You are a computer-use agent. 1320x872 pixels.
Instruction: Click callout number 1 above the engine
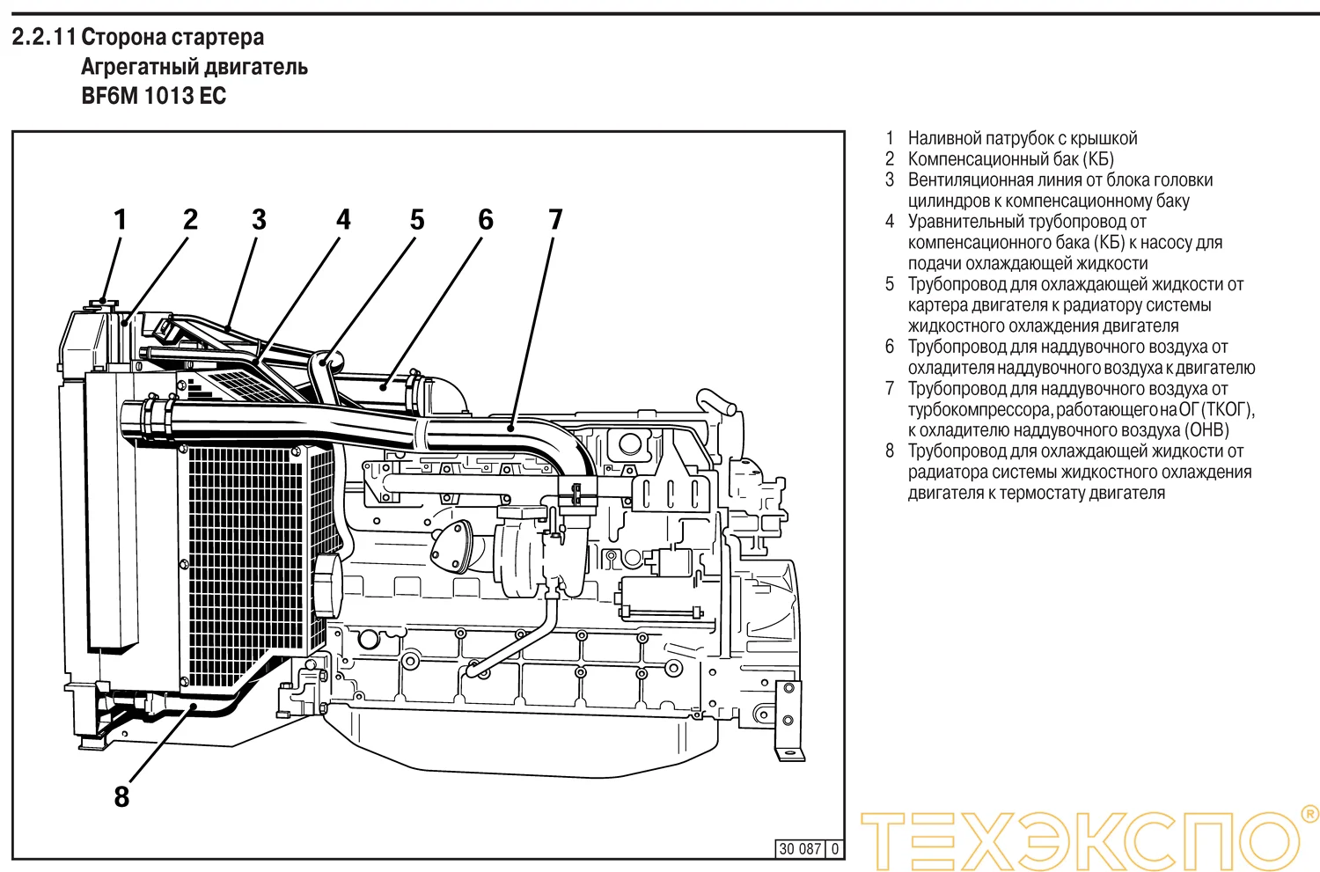click(x=121, y=219)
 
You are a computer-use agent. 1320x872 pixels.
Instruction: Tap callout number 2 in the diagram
click(x=190, y=219)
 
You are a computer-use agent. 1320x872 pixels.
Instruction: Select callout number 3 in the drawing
click(x=259, y=219)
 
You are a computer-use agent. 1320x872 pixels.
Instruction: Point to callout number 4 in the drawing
click(x=343, y=219)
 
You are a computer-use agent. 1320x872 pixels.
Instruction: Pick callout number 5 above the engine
click(x=417, y=219)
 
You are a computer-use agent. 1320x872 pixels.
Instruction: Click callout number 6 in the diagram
click(x=486, y=219)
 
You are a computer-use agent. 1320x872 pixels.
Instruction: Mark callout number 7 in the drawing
click(x=555, y=219)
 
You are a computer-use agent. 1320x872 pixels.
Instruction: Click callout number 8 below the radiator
click(x=121, y=796)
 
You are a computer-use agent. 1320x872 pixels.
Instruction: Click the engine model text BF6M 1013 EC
click(x=154, y=96)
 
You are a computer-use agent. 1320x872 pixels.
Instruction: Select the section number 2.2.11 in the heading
click(x=43, y=38)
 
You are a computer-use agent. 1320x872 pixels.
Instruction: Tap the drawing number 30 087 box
click(x=799, y=849)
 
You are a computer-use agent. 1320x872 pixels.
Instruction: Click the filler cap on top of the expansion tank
click(x=103, y=304)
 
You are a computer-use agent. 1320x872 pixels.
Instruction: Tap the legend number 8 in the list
click(x=890, y=451)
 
